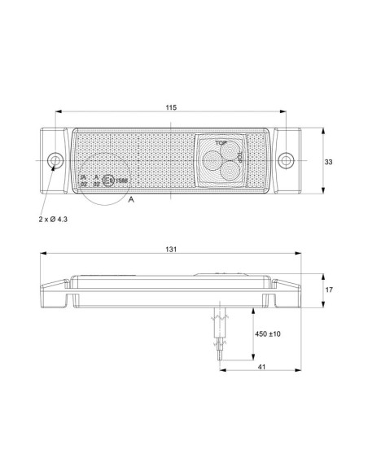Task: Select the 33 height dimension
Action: point(329,163)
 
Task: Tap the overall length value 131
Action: point(171,250)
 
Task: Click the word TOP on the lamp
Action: point(219,141)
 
